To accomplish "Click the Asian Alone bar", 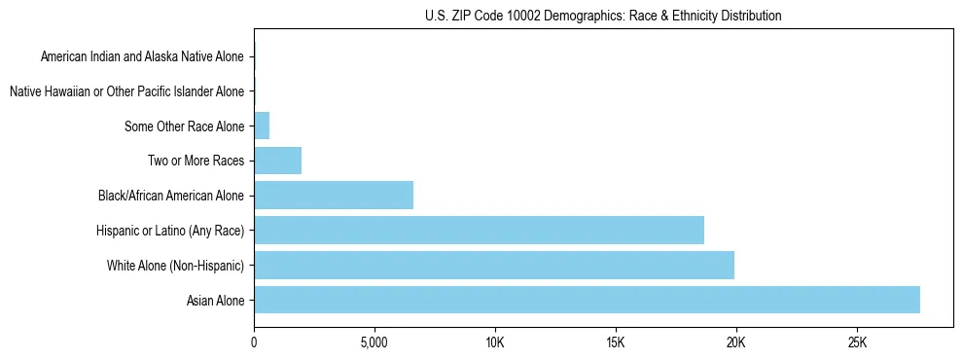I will (587, 300).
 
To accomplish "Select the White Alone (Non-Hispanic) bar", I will (494, 265).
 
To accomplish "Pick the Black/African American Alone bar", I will (334, 196).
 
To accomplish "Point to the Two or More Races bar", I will (277, 161).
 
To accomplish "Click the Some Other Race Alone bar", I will (262, 126).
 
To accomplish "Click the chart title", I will (603, 16).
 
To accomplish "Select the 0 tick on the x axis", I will (254, 342).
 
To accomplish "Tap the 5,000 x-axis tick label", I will (374, 342).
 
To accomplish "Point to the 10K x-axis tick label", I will (495, 342).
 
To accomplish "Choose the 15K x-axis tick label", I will (616, 342).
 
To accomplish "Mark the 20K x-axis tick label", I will (736, 342).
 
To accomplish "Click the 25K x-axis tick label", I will (857, 342).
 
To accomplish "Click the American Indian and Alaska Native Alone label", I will (142, 57).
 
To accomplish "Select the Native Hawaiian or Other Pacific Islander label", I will (126, 92).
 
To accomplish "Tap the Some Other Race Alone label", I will (184, 126).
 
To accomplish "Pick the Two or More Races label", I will (196, 162).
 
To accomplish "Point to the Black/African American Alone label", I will (170, 197).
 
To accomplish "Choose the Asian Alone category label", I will (215, 301).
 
